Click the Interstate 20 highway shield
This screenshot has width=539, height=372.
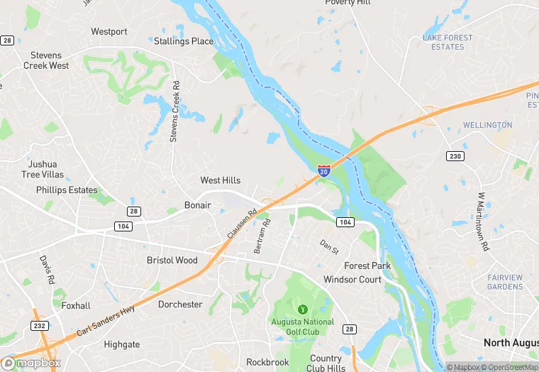click(x=323, y=170)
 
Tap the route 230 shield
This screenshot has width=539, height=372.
click(x=455, y=155)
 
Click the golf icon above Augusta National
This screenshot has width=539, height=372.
click(x=303, y=309)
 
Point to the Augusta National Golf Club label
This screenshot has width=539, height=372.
click(x=302, y=327)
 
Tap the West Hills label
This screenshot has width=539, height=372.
click(x=221, y=180)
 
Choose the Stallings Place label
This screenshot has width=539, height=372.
click(x=184, y=41)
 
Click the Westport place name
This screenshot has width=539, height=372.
click(x=109, y=32)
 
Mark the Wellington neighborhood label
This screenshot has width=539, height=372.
click(x=487, y=125)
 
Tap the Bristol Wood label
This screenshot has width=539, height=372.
click(x=172, y=261)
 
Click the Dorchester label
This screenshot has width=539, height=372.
click(x=180, y=305)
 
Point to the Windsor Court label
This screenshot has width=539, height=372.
click(x=352, y=280)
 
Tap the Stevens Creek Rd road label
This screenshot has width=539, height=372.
click(x=174, y=111)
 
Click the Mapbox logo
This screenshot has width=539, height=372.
click(x=31, y=363)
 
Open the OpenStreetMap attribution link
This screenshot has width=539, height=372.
click(x=509, y=367)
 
